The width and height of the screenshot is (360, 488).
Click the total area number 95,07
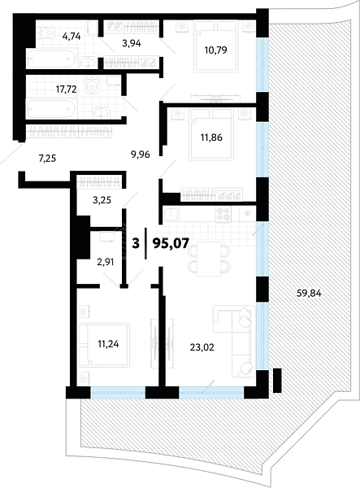pyautogui.click(x=171, y=243)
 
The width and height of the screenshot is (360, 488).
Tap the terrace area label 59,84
pyautogui.click(x=309, y=293)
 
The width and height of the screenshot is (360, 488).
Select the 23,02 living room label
pyautogui.click(x=202, y=347)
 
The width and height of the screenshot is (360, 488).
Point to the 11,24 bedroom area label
pyautogui.click(x=108, y=344)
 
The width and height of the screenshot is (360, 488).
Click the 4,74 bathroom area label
pyautogui.click(x=72, y=37)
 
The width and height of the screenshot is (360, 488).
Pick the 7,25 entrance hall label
pyautogui.click(x=47, y=159)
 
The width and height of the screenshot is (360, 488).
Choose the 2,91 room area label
pyautogui.click(x=106, y=262)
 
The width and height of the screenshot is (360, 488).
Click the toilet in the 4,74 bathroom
pyautogui.click(x=46, y=32)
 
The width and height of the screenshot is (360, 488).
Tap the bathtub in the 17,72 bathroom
pyautogui.click(x=51, y=109)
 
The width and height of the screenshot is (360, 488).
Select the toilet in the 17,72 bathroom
pyautogui.click(x=92, y=85)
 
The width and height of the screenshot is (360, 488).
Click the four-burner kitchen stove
pyautogui.click(x=223, y=215)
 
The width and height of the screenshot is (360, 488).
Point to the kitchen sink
pyautogui.click(x=171, y=215)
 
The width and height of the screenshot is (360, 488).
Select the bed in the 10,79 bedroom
pyautogui.click(x=215, y=46)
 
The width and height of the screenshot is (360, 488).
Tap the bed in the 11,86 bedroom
pyautogui.click(x=211, y=134)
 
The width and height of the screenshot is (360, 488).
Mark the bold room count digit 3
pyautogui.click(x=136, y=243)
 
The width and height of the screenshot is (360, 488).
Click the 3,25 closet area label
pyautogui.click(x=102, y=200)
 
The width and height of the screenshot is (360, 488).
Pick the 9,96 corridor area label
pyautogui.click(x=141, y=154)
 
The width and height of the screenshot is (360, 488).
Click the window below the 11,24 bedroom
pyautogui.click(x=118, y=392)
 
